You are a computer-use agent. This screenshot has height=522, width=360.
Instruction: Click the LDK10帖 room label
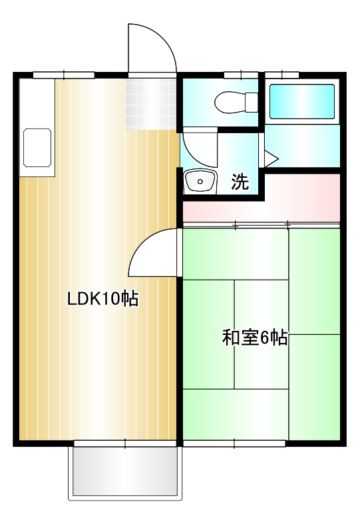[102, 299]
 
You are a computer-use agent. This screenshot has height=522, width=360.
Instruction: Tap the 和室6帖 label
[255, 338]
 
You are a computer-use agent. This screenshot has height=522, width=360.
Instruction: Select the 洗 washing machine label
[240, 182]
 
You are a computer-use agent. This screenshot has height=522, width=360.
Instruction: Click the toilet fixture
[236, 102]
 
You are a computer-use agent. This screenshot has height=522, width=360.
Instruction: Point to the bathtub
[301, 102]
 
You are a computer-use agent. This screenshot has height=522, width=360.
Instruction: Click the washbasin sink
[199, 181]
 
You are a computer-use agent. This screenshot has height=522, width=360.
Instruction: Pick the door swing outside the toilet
[199, 148]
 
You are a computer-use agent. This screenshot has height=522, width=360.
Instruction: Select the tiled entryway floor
[152, 103]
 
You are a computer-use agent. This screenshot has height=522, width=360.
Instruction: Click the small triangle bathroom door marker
[270, 158]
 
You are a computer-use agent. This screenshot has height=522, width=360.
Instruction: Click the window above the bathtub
[281, 74]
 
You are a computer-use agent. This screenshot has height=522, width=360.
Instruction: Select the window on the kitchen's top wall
[63, 75]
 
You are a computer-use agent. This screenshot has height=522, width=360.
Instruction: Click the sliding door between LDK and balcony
[126, 443]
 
